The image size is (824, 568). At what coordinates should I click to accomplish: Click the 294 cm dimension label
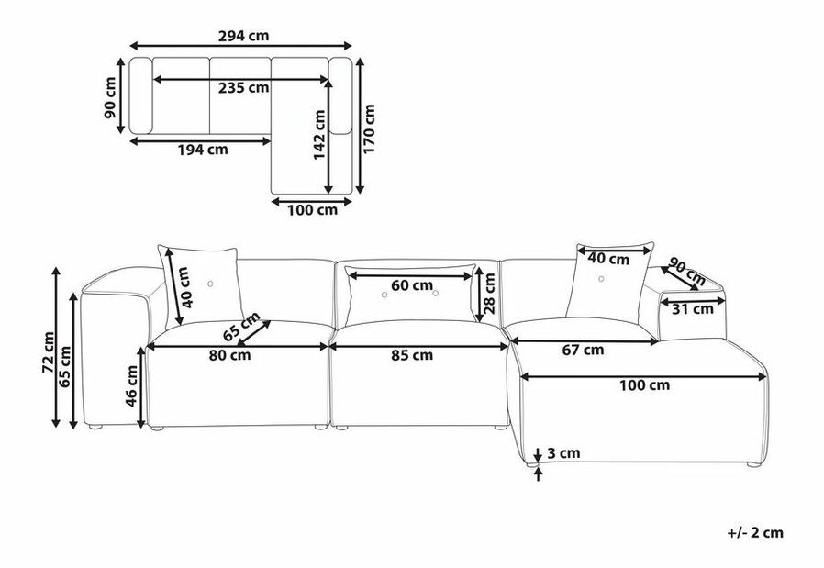[x=243, y=36]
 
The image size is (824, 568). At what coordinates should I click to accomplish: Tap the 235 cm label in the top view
[x=243, y=88]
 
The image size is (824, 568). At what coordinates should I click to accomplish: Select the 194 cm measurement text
[x=203, y=150]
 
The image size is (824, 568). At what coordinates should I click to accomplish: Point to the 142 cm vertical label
[x=319, y=135]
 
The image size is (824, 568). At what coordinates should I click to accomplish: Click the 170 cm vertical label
[x=370, y=128]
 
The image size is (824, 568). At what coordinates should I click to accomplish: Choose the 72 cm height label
[x=49, y=352]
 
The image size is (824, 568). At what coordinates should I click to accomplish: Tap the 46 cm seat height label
[x=131, y=386]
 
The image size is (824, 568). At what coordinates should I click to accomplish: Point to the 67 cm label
[x=583, y=350]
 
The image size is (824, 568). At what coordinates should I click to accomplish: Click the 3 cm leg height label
[x=563, y=453]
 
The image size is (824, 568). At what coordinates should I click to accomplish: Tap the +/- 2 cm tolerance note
[x=755, y=533]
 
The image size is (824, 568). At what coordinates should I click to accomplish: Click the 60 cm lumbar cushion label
[x=412, y=285]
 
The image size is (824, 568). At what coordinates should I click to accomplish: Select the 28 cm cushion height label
[x=489, y=294]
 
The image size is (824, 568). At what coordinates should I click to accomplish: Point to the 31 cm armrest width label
[x=693, y=309]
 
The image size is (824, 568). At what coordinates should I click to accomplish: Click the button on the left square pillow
[x=210, y=284]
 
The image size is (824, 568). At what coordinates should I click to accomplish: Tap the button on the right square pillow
[x=601, y=278]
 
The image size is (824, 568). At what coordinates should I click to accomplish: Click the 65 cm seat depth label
[x=241, y=327]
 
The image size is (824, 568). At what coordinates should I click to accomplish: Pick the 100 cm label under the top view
[x=312, y=210]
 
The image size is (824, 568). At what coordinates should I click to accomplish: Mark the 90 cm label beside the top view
[x=110, y=98]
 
